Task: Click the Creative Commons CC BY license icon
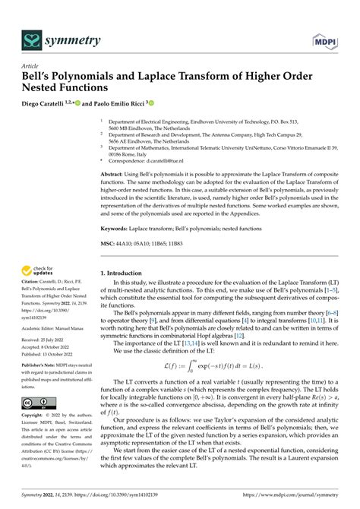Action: coord(37,402)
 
